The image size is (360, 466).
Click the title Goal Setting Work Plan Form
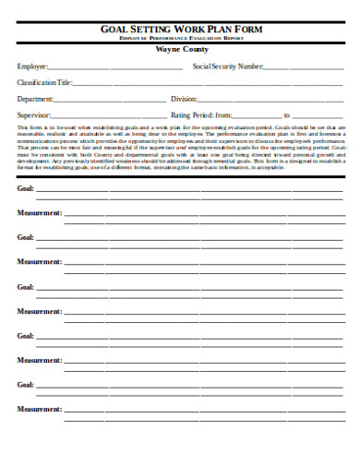(181, 30)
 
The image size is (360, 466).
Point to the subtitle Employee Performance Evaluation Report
(181, 40)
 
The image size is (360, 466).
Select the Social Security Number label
(227, 67)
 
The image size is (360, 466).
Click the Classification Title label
(44, 83)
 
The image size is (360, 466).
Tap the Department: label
(36, 99)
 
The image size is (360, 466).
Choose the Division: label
(185, 99)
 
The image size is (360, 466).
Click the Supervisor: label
(34, 114)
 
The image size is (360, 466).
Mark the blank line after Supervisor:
(107, 116)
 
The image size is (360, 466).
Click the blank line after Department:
(111, 101)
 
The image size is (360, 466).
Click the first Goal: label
(26, 189)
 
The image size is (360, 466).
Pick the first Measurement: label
(40, 213)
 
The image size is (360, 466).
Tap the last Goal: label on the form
(26, 384)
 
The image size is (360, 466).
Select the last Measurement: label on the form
(40, 408)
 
